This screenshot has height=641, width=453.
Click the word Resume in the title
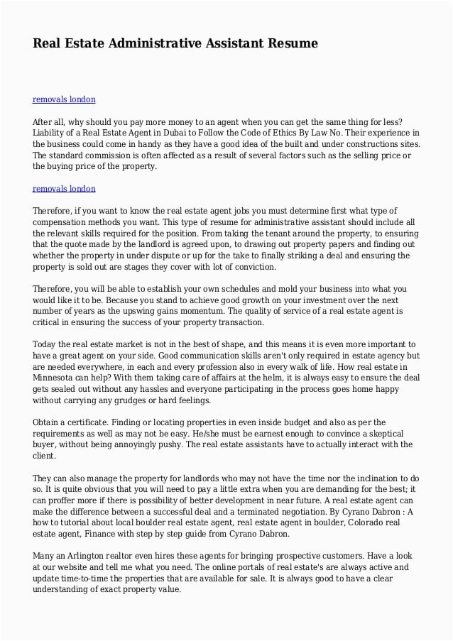click(x=293, y=43)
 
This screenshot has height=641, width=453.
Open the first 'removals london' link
click(x=64, y=99)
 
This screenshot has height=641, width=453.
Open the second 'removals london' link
click(x=64, y=189)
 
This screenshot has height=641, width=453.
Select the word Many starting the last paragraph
click(x=45, y=556)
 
